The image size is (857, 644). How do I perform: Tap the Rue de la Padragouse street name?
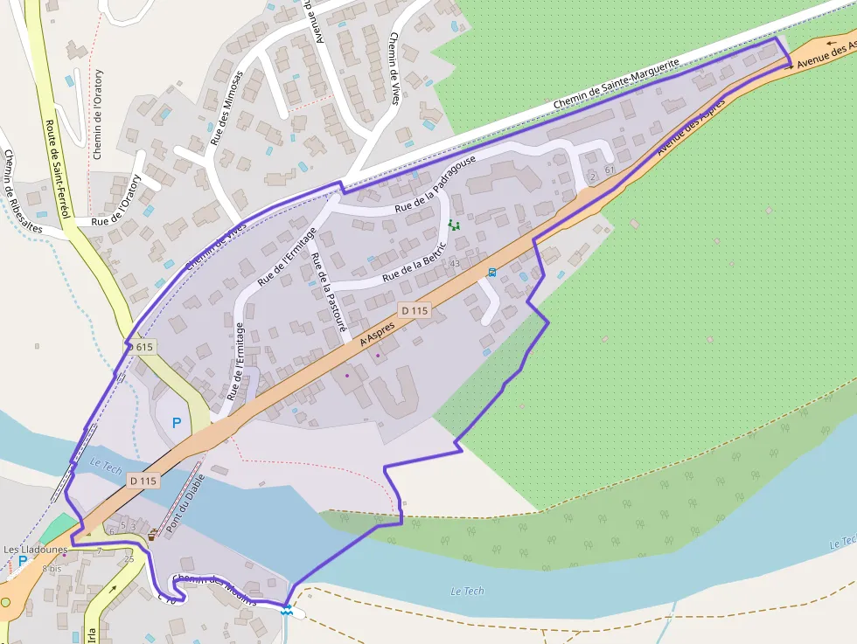pos(435,184)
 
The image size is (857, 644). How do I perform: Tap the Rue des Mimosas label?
pos(226,111)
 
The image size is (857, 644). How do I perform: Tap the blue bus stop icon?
pos(492,272)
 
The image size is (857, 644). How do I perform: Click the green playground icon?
pos(454,225)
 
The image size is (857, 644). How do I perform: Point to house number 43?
pos(455,263)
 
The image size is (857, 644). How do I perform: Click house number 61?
pos(610,170)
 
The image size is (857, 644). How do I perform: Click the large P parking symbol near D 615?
pos(177,423)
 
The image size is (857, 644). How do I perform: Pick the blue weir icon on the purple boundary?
pos(287,609)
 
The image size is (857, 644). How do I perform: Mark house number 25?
pos(129,559)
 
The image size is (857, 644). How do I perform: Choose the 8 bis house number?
pos(52,568)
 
